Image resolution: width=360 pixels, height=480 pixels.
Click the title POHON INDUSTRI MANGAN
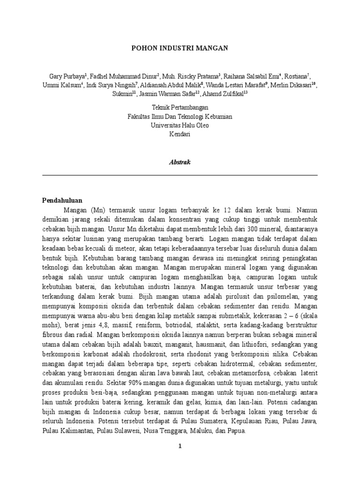[x=180, y=48]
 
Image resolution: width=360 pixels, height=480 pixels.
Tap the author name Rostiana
[x=296, y=76]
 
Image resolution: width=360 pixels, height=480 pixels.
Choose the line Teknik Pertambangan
[x=180, y=108]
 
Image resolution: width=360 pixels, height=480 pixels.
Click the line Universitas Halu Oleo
[x=180, y=125]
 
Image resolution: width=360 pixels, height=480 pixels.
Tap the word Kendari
[x=180, y=134]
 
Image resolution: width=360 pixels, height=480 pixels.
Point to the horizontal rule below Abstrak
[x=180, y=175]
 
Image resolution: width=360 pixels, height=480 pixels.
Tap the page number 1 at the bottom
[x=180, y=446]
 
